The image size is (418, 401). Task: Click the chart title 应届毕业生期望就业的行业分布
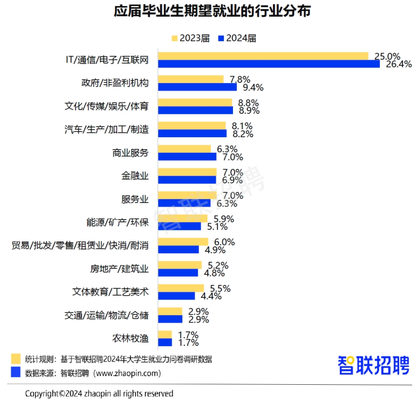tap(208, 11)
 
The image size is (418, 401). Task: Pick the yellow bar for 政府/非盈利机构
tap(191, 79)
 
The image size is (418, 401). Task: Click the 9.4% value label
tap(252, 87)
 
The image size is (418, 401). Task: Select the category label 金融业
tap(135, 176)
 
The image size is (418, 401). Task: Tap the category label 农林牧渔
tap(130, 338)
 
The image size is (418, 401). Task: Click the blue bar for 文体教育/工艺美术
tap(177, 296)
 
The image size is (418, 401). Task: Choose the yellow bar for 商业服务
tap(184, 149)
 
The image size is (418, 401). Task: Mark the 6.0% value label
tap(223, 242)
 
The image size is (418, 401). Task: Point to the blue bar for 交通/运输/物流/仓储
tap(171, 319)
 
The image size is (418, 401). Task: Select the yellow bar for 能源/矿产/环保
tap(183, 219)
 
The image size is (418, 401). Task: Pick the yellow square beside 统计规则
tap(15, 358)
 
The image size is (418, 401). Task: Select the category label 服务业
tap(135, 199)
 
